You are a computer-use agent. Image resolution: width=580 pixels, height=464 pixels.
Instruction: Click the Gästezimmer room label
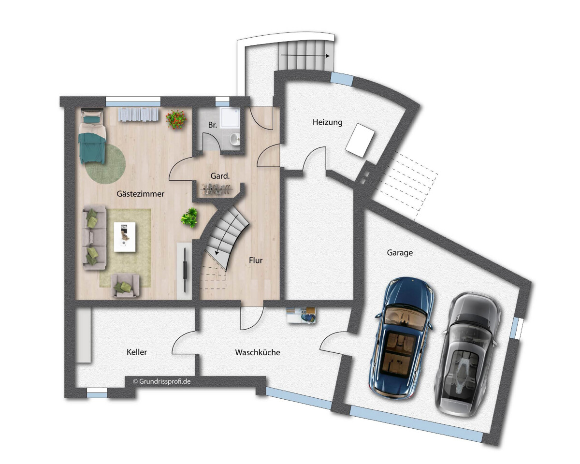[x=140, y=194]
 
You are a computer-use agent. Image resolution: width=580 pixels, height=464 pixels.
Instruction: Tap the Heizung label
[x=328, y=122]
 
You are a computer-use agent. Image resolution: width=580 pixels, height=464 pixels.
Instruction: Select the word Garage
[x=400, y=253]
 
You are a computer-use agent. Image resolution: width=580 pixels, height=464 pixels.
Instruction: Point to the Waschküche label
[x=258, y=352]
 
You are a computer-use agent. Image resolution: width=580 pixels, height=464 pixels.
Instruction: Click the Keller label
[x=137, y=352]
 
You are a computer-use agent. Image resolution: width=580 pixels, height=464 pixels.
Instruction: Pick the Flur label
[x=256, y=261]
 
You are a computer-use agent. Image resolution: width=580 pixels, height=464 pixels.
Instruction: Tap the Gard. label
[x=220, y=176]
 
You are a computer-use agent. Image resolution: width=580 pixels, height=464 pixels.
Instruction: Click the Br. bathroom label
[x=212, y=125]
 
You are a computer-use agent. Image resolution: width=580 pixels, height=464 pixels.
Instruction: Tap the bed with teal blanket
[x=92, y=136]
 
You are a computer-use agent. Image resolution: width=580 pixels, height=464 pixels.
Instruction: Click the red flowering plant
[x=176, y=119]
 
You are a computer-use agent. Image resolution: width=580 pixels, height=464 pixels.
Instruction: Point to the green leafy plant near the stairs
[x=189, y=217]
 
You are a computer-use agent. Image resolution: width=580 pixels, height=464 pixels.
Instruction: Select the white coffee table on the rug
[x=124, y=237]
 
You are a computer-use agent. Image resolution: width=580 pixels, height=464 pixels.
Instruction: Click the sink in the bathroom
[x=235, y=139]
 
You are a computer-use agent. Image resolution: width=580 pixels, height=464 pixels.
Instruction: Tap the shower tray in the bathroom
[x=230, y=118]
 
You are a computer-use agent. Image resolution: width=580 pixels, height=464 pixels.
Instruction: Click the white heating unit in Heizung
[x=360, y=140]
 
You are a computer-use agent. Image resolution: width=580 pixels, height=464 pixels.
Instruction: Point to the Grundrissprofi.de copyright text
[x=162, y=381]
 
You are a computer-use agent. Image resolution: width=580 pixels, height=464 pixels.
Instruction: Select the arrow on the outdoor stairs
[x=305, y=56]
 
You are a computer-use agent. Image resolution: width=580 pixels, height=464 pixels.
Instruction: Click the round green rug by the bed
[x=106, y=163]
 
